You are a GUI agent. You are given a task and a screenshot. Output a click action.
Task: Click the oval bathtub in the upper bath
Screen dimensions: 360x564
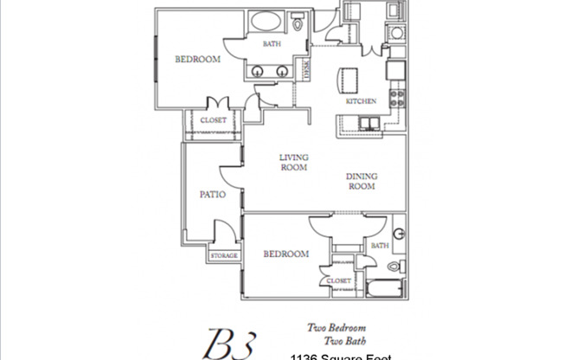[266, 23]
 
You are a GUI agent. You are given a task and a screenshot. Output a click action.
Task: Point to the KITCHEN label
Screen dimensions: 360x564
[361, 101]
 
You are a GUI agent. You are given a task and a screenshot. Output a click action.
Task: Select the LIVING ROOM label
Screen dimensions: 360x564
[294, 163]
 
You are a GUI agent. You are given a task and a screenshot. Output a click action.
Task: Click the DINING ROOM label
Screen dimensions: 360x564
[362, 181]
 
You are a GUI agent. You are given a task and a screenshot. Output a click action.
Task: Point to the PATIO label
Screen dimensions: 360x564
[213, 195]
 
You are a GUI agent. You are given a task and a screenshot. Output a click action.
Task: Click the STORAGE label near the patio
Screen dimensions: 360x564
[222, 256]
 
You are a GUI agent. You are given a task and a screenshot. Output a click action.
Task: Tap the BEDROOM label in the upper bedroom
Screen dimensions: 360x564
[197, 60]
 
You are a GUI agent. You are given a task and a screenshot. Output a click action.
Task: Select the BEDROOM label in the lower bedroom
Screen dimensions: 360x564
[285, 254]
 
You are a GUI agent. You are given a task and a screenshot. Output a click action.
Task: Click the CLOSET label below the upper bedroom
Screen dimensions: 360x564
[213, 120]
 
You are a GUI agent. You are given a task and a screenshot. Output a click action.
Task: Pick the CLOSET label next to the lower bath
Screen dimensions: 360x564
[339, 281]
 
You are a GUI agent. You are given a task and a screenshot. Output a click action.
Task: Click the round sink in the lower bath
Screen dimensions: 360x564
[399, 235]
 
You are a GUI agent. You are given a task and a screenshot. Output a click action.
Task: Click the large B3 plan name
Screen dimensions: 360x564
[228, 343]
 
